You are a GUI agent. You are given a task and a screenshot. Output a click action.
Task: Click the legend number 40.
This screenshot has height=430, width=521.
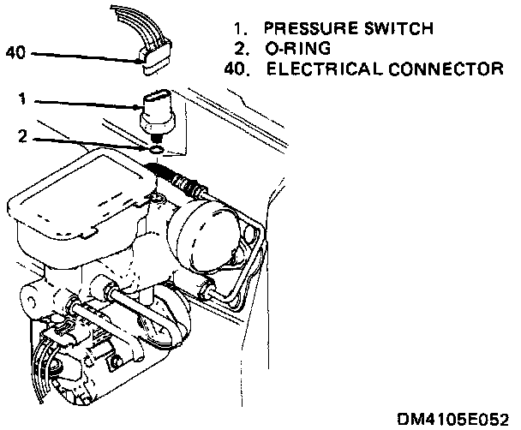tap(234, 68)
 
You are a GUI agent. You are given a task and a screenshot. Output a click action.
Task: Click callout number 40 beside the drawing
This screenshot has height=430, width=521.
tap(16, 52)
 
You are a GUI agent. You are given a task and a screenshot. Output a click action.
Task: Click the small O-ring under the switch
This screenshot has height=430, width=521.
tap(155, 151)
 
